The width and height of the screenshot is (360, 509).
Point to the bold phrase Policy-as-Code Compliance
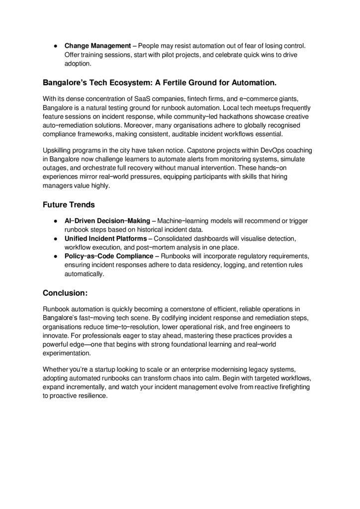(x=109, y=256)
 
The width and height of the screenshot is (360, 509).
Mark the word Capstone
(x=186, y=150)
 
